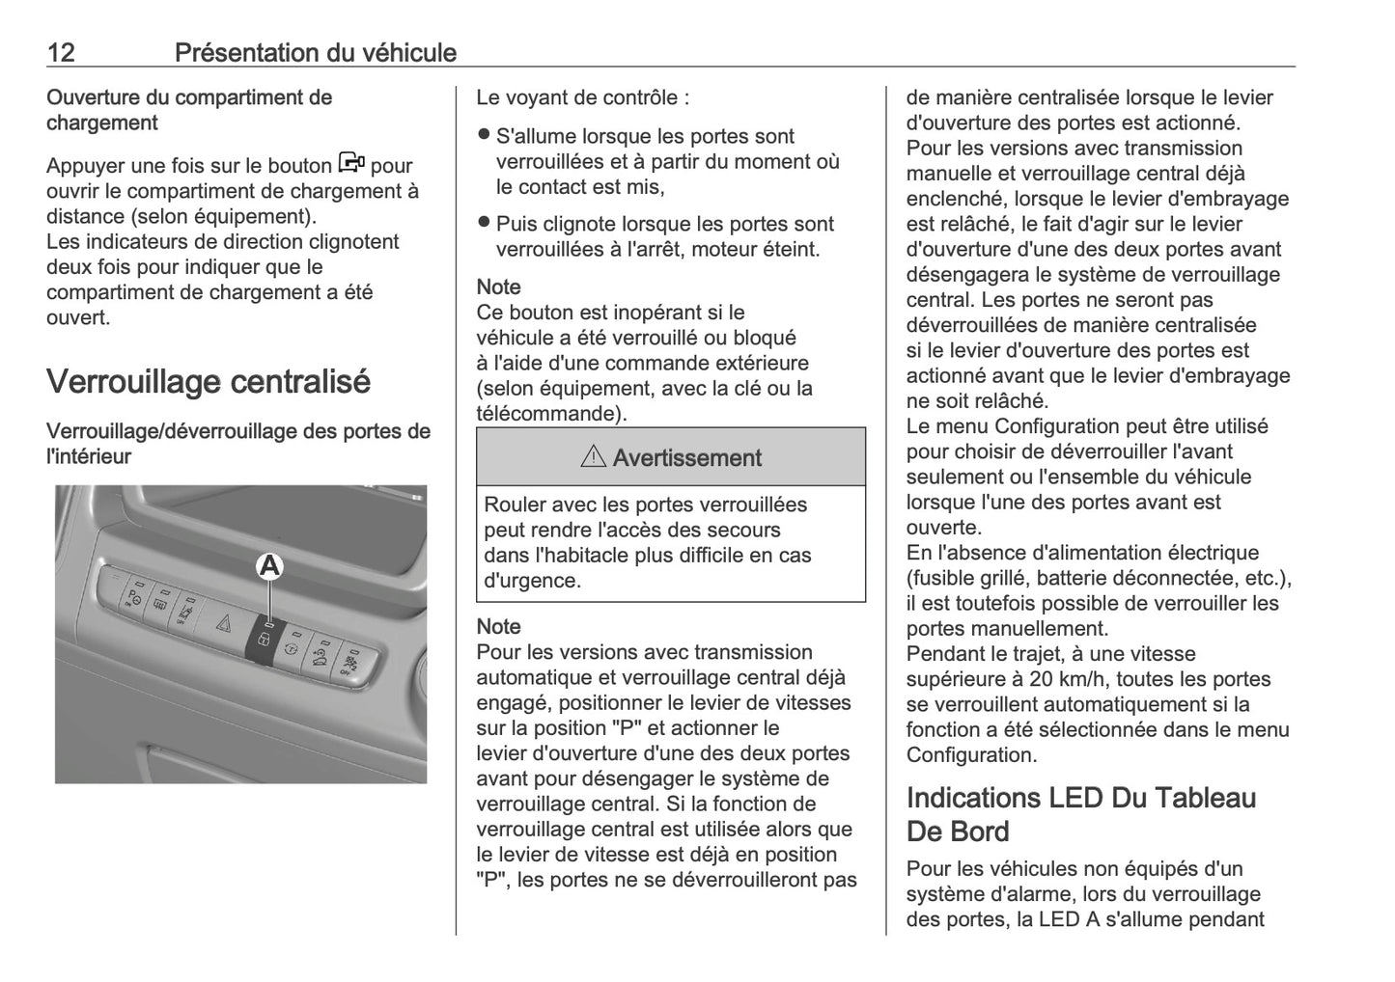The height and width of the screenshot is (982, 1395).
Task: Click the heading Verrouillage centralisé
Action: [x=209, y=382]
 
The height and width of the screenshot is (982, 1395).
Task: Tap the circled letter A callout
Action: [x=269, y=566]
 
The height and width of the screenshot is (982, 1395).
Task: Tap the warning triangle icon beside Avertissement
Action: [x=593, y=457]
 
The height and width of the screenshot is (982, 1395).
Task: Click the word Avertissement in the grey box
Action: [x=686, y=458]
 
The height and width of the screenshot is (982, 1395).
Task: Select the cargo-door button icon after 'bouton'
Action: [x=351, y=163]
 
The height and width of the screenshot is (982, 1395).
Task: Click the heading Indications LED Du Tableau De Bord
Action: [x=1081, y=814]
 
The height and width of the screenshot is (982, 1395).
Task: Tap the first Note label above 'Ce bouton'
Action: [x=498, y=287]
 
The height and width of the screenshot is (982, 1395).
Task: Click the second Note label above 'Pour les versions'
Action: [x=498, y=627]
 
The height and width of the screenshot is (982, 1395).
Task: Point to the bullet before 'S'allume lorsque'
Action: [x=485, y=135]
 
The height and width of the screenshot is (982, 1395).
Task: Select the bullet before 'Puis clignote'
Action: [x=485, y=223]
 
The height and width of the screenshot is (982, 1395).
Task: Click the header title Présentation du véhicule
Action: [x=315, y=52]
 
